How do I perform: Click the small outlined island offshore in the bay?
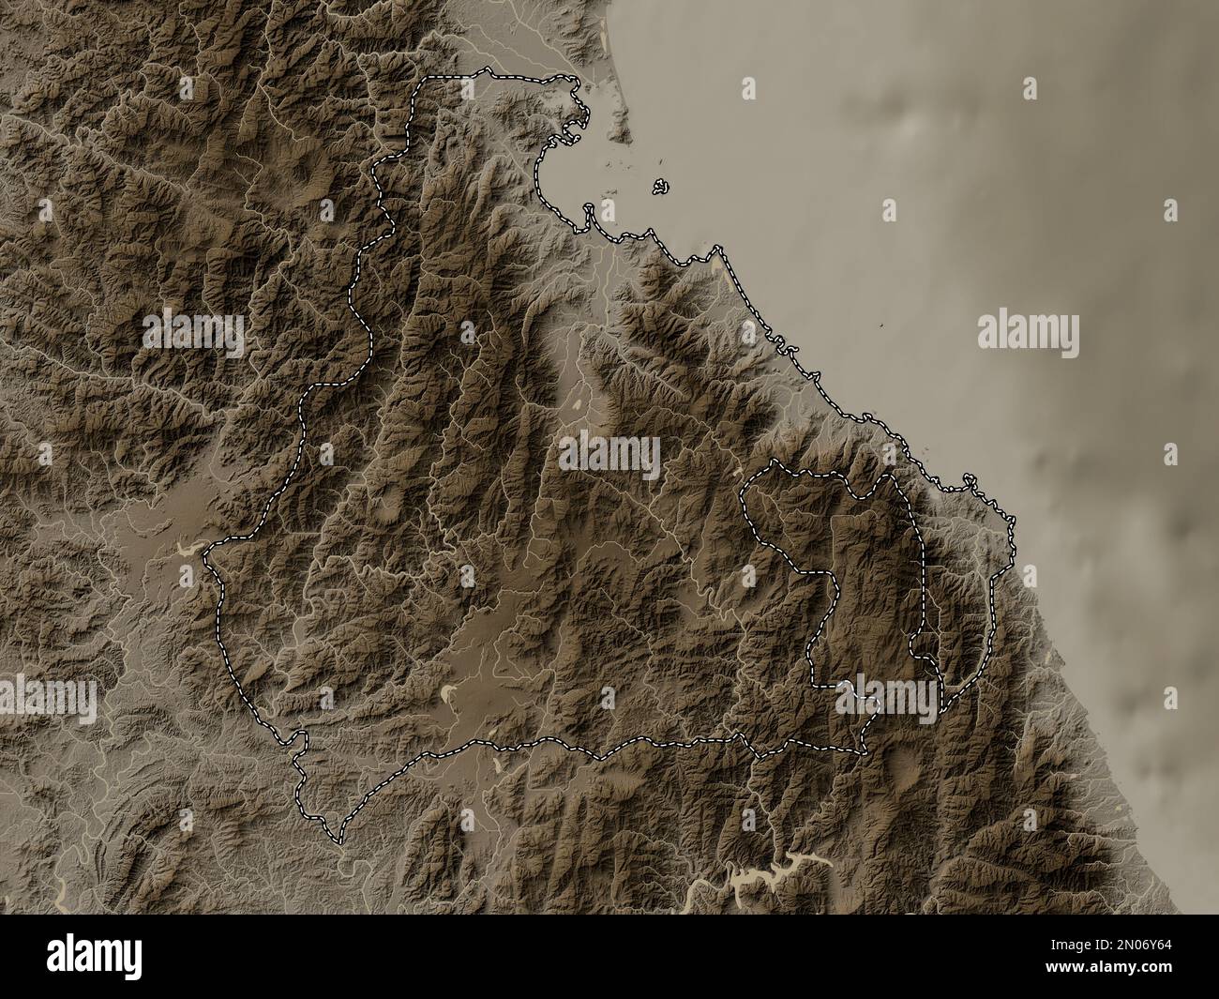[x=661, y=188]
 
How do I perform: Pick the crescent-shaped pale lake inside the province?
[x=449, y=694]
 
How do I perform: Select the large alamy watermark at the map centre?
[x=609, y=456]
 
